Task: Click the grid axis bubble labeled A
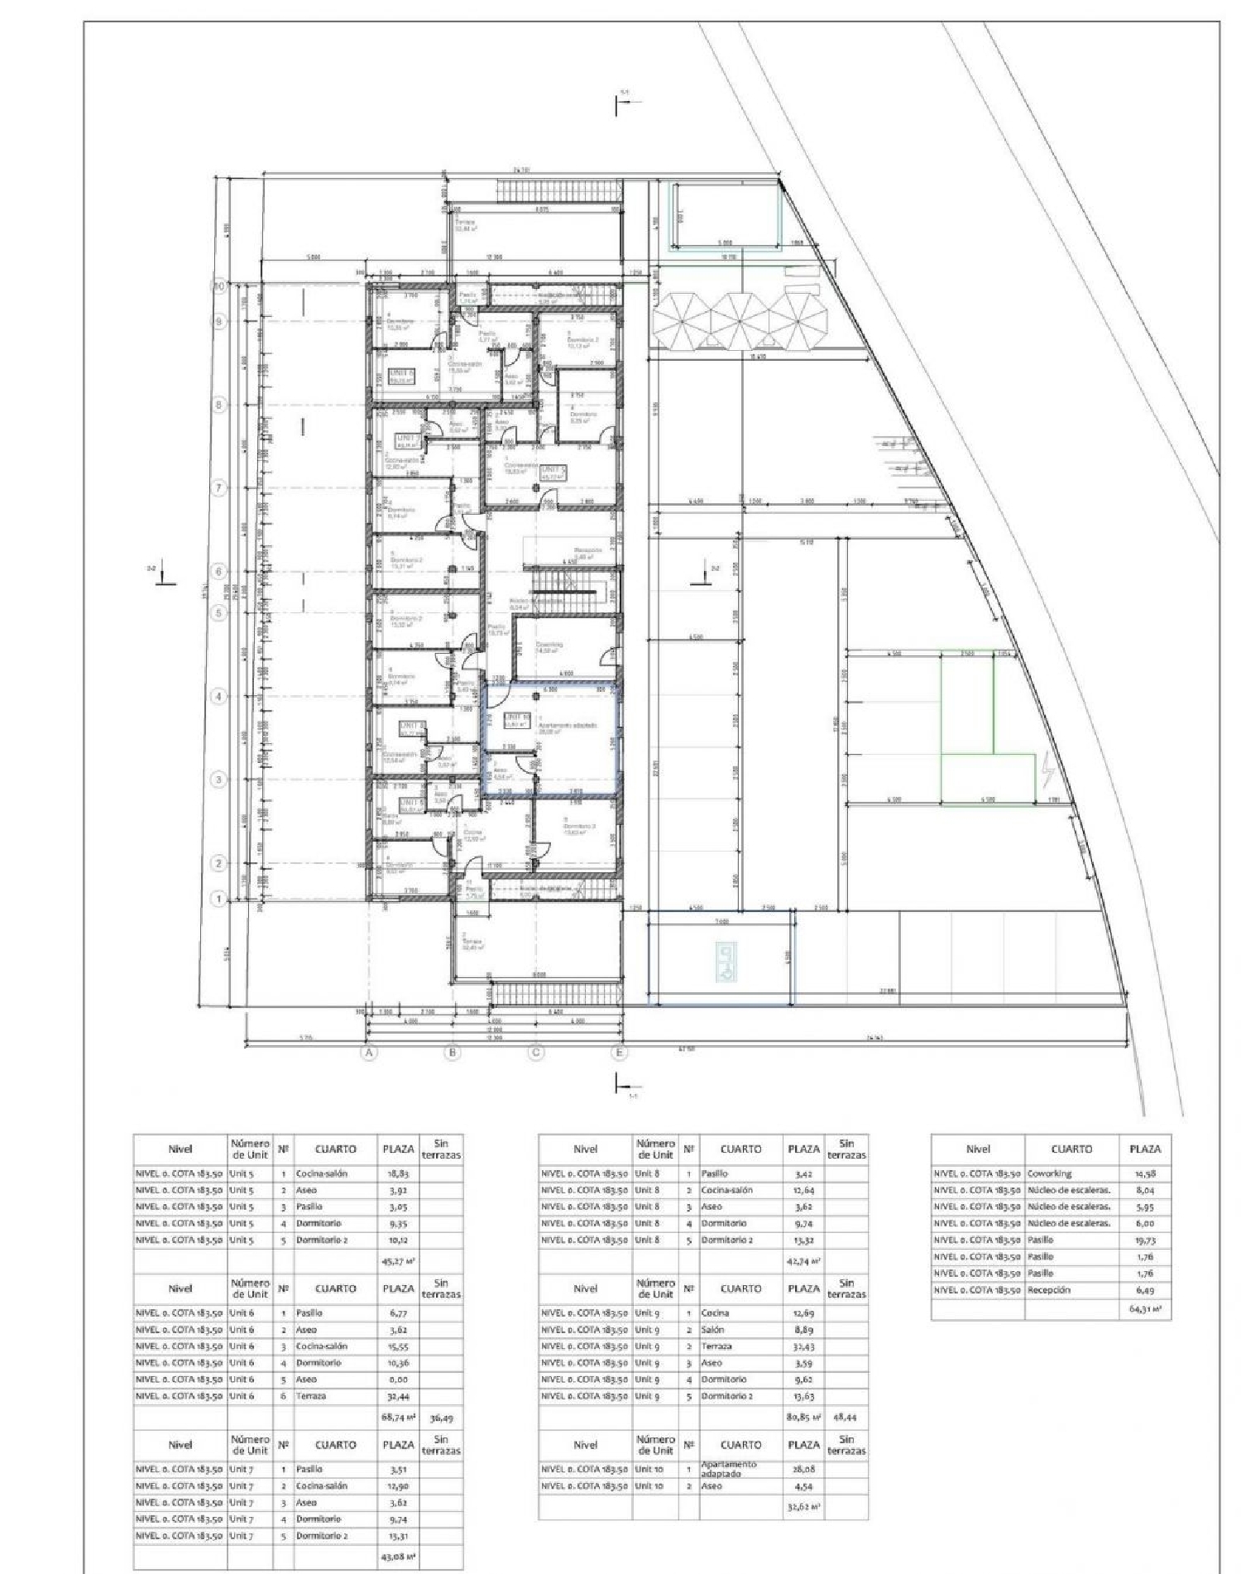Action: pos(370,1053)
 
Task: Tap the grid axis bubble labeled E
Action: pos(619,1053)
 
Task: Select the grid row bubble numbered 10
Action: pos(219,286)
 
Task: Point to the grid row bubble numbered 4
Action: pos(219,696)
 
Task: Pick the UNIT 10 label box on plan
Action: pos(516,720)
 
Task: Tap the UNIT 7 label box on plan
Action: pos(406,440)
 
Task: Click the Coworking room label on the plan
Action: pos(549,645)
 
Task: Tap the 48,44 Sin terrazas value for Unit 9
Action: pos(846,1418)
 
